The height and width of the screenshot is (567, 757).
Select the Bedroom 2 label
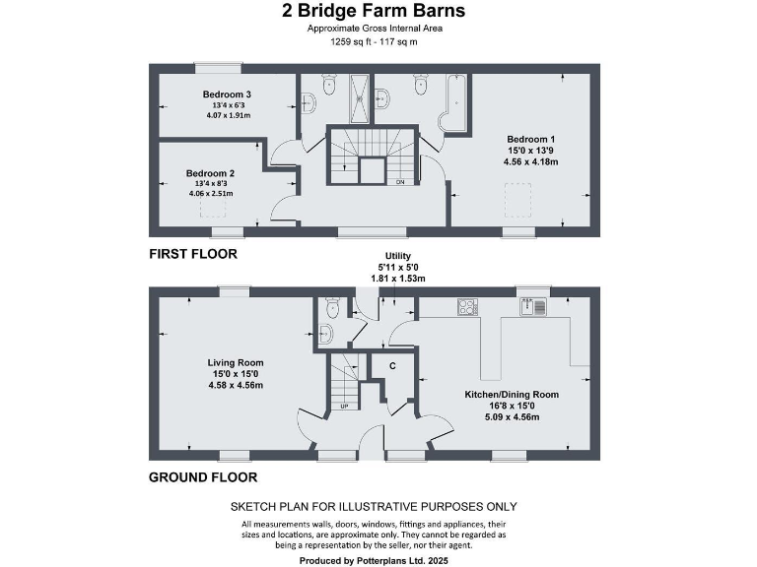(x=209, y=173)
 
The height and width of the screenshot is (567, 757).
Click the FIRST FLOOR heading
(x=193, y=254)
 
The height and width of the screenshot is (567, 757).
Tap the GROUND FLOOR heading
(x=203, y=477)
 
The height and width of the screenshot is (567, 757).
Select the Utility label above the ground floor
(x=383, y=256)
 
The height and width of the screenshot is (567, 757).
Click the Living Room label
(x=236, y=362)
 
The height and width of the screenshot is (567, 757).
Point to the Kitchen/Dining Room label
(x=512, y=394)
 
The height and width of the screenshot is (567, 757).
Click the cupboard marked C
(x=393, y=366)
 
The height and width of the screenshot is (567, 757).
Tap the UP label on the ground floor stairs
(x=344, y=406)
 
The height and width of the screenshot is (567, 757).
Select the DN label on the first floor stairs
(x=399, y=182)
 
